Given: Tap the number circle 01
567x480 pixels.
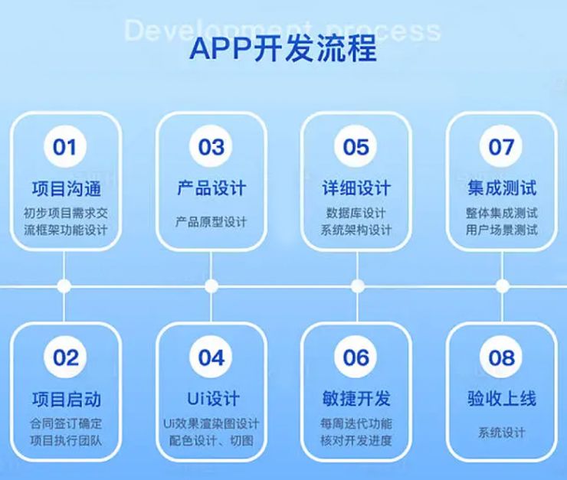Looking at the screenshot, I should tap(65, 146).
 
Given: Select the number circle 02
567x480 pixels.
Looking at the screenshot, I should tap(66, 357).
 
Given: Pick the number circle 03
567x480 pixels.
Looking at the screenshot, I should tap(211, 146).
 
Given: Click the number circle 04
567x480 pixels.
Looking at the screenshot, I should tap(211, 357).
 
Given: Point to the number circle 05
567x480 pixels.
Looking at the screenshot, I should tap(356, 146).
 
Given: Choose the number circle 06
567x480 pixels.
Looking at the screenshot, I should tap(356, 357).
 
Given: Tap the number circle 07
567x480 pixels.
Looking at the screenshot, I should tap(501, 146).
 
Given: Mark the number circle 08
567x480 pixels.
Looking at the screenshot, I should tap(501, 357).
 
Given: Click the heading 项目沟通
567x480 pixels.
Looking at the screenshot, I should tap(66, 188).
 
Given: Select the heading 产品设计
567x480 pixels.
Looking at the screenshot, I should tap(211, 188).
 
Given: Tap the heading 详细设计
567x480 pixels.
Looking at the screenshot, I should tap(356, 188).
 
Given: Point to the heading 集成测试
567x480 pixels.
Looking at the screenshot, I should tap(501, 188).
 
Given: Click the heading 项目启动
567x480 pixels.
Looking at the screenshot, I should tap(66, 399).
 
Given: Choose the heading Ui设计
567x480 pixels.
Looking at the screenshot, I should tap(212, 399).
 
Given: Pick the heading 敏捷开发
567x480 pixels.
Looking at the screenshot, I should tap(356, 399).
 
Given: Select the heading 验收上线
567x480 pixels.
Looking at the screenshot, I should tap(501, 399).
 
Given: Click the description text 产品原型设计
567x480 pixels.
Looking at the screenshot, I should tap(211, 222).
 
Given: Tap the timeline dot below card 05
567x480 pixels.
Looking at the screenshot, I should tap(357, 286).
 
